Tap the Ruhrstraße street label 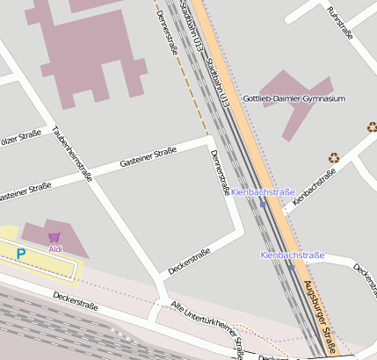(339, 23)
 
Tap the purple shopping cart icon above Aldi (54, 237)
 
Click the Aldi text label (55, 249)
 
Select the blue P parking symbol (22, 254)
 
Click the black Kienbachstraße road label (315, 186)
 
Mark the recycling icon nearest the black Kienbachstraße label (334, 158)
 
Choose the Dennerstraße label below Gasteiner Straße (220, 173)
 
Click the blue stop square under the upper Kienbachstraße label (263, 204)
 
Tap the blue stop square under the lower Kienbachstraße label (291, 267)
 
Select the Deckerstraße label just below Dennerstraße (190, 261)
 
